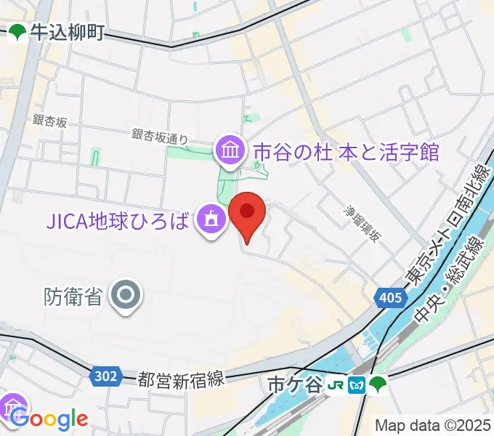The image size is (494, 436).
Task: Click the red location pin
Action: (247, 216)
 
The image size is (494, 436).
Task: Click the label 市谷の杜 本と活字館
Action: (346, 152)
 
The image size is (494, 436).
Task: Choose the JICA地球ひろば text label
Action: (119, 218)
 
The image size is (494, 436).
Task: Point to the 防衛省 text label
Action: (73, 296)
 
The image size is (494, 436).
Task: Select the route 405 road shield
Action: (389, 296)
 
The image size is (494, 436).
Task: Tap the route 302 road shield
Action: (106, 376)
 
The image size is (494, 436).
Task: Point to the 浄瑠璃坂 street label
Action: (362, 224)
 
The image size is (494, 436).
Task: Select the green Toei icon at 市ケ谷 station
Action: (377, 383)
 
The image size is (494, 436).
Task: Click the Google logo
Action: (49, 419)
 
